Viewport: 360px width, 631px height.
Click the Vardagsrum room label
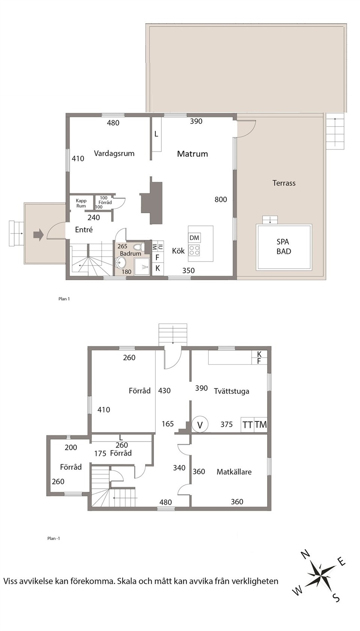click(x=114, y=154)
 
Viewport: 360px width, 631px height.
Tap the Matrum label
click(x=193, y=154)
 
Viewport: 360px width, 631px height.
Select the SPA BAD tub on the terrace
click(x=284, y=247)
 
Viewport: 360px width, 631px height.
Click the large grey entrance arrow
click(x=39, y=234)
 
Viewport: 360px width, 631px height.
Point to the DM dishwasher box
click(x=194, y=238)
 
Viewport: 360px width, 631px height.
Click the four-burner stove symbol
click(x=194, y=251)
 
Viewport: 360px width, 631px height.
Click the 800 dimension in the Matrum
click(x=221, y=199)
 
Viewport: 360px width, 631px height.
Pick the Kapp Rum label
click(x=81, y=204)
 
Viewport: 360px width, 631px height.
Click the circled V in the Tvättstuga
click(x=200, y=424)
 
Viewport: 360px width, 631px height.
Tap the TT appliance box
click(x=247, y=424)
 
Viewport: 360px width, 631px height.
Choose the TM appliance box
click(x=261, y=424)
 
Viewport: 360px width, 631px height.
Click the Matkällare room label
click(x=234, y=472)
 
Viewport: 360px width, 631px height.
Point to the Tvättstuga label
click(x=231, y=391)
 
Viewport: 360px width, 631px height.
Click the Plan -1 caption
click(x=54, y=538)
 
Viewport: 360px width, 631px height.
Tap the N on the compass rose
click(x=306, y=554)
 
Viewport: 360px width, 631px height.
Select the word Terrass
click(x=284, y=183)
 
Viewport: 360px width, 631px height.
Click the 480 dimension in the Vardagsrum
click(x=113, y=123)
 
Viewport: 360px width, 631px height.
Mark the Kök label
click(x=178, y=251)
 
